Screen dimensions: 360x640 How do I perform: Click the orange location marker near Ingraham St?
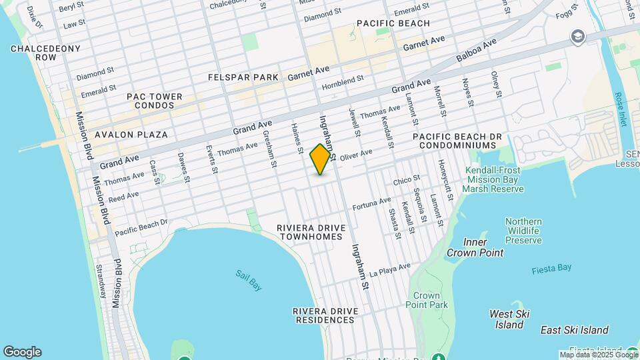[x=321, y=159]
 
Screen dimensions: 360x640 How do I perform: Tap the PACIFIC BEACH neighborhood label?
[x=393, y=23]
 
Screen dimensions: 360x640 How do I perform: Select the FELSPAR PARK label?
[x=243, y=77]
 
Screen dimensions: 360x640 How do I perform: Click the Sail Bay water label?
[x=249, y=279]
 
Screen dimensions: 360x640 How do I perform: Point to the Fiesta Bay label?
[x=551, y=268]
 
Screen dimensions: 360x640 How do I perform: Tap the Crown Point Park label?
[x=426, y=300]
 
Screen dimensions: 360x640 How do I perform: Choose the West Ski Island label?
[x=509, y=319]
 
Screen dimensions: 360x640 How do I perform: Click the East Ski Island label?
[x=574, y=330]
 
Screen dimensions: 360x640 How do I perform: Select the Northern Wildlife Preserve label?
[x=523, y=231]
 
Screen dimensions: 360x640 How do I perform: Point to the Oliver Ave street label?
[x=356, y=154]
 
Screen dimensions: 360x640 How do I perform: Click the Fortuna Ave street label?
[x=371, y=201]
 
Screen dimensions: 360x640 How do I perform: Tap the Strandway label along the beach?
[x=101, y=281]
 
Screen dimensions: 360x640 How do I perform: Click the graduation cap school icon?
[x=577, y=36]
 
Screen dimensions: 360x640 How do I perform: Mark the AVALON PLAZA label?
[x=131, y=135]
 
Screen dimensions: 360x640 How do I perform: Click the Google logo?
[x=22, y=352]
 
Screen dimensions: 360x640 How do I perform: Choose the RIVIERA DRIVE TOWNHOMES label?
[x=312, y=232]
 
